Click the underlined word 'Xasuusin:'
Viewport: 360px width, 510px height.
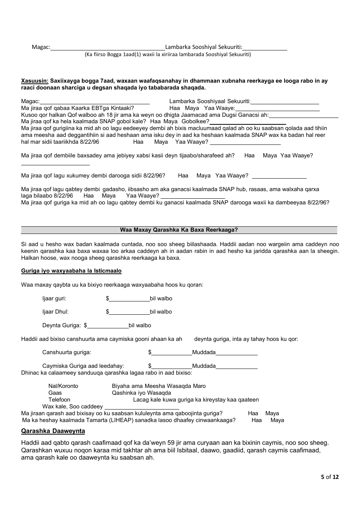pos(34,81)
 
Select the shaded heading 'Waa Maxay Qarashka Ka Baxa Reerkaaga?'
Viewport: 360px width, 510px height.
pos(179,230)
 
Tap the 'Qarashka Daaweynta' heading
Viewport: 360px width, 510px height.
pos(53,431)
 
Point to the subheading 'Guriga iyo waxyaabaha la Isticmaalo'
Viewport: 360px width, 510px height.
pos(71,271)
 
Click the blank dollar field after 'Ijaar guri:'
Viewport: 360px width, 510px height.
pos(129,299)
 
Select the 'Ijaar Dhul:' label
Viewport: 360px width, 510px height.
pos(55,312)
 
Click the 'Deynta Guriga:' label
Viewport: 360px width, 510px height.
pos(61,325)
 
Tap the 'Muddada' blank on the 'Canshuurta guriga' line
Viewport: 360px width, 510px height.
pos(236,353)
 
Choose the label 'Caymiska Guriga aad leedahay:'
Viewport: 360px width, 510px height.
pos(83,366)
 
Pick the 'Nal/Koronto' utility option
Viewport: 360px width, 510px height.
pos(63,386)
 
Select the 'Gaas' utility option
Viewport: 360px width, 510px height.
pos(55,393)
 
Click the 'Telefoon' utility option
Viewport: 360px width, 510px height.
pos(59,400)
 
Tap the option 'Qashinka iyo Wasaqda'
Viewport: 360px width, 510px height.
pos(141,393)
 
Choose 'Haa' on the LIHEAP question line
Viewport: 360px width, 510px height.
pos(257,420)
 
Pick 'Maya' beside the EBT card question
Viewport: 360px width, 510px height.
pos(192,108)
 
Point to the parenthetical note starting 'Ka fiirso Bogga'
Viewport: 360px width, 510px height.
pos(167,54)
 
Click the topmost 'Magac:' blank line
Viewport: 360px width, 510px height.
pos(108,48)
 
